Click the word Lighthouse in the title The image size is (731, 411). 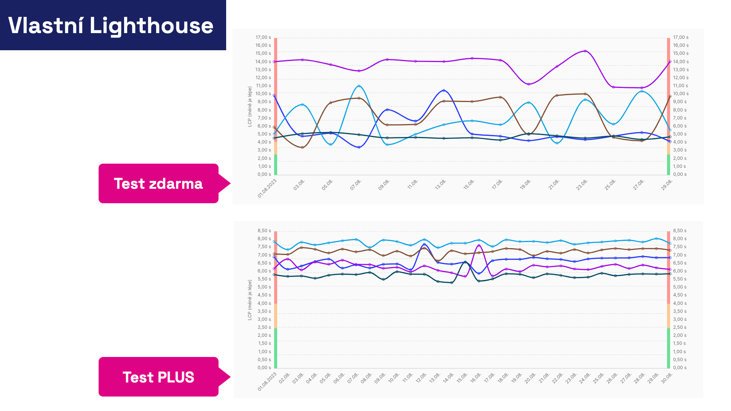[x=151, y=26]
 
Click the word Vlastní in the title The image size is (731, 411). [x=46, y=25]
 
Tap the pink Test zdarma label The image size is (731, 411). [x=158, y=183]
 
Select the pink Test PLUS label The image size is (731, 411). [x=158, y=377]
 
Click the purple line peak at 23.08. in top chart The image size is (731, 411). [x=585, y=51]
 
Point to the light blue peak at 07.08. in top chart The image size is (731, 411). [x=359, y=86]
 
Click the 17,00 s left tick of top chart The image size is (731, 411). [x=263, y=37]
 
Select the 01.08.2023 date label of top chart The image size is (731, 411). [x=267, y=188]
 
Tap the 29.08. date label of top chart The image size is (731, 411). [x=667, y=185]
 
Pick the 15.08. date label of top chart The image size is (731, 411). [x=469, y=185]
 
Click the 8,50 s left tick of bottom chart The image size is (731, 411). [x=264, y=231]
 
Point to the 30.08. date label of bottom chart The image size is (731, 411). [x=667, y=378]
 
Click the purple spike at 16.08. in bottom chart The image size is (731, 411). [x=479, y=245]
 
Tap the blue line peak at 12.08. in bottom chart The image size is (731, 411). [x=424, y=244]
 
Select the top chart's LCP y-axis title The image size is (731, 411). [x=250, y=107]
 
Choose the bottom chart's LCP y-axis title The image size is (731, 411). [x=250, y=300]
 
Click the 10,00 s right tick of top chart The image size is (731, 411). [x=681, y=94]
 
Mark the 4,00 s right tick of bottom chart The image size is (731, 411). [x=680, y=303]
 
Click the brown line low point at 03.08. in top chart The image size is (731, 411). [x=303, y=147]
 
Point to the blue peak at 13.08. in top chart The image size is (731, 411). [x=444, y=91]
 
